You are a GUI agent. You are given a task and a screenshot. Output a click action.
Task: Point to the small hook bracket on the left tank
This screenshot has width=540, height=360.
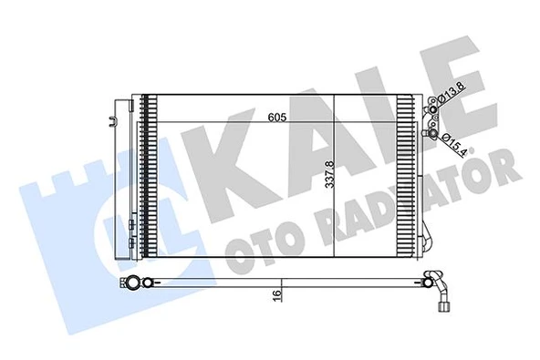(114, 118)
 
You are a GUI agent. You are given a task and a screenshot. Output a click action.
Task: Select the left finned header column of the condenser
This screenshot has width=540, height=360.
(145, 173)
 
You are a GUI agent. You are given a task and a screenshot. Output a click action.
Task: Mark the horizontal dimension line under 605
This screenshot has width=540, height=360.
(274, 125)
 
